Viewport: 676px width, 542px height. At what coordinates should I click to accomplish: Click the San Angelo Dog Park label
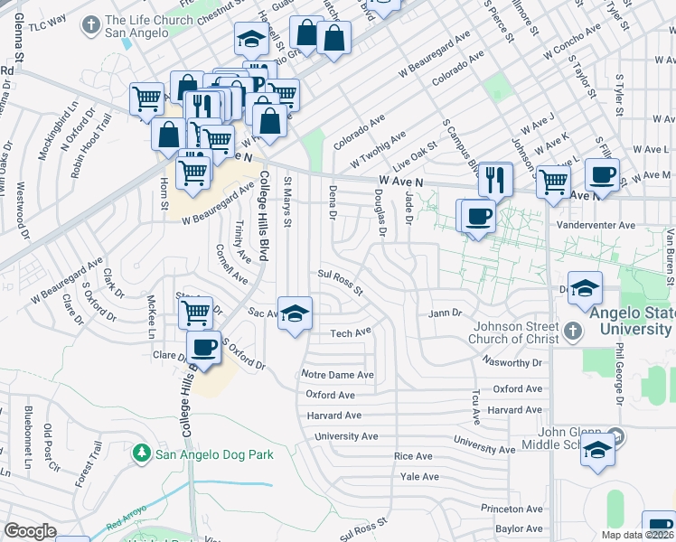click(213, 454)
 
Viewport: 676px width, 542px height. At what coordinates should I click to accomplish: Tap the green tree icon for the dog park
click(141, 452)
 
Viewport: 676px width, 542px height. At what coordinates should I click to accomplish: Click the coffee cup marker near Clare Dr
click(203, 348)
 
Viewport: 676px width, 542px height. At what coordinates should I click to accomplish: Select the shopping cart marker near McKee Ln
click(195, 313)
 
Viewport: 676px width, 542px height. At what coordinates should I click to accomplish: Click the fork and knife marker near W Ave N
click(494, 179)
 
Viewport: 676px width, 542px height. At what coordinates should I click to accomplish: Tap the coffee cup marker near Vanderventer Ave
click(478, 215)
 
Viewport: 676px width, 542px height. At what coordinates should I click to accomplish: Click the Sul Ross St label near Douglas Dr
click(340, 282)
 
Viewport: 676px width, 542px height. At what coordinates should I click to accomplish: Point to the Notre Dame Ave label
click(338, 375)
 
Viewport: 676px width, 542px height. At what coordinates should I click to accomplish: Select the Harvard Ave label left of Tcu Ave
click(333, 416)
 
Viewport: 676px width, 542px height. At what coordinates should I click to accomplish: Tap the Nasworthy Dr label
click(511, 363)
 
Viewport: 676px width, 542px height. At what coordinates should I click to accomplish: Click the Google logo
click(30, 531)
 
